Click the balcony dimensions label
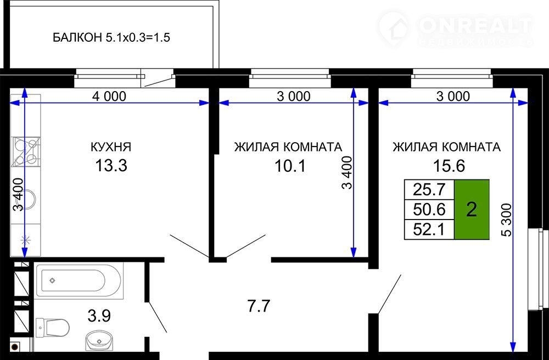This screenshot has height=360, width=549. [x=111, y=37]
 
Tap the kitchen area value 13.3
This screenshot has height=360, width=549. [x=111, y=166]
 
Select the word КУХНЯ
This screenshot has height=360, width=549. [x=111, y=147]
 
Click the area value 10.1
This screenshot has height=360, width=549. [x=290, y=166]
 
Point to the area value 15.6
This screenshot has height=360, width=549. [x=449, y=166]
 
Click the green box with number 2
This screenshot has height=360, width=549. [x=472, y=210]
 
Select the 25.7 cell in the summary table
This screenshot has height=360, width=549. [x=429, y=190]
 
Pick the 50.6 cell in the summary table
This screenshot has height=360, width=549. [x=429, y=210]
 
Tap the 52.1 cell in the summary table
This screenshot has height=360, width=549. [x=429, y=229]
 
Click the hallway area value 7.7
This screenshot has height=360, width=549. [x=259, y=306]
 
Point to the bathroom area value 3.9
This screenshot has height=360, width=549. [x=99, y=316]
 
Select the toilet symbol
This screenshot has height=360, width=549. [x=53, y=328]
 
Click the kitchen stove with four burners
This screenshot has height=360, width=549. [x=26, y=151]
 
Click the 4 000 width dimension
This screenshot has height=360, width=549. [x=109, y=96]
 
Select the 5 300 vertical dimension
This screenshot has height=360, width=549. [x=507, y=220]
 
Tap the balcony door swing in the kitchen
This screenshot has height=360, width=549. [x=158, y=81]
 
